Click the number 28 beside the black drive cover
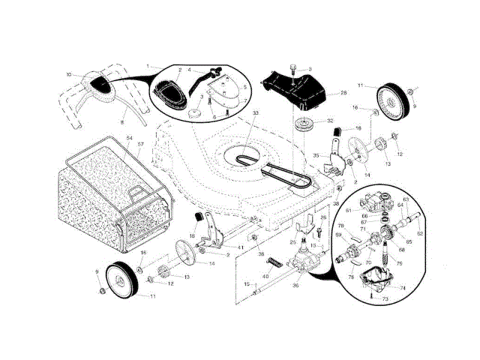(x=343, y=93)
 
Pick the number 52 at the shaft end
(x=420, y=234)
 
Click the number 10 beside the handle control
(x=68, y=74)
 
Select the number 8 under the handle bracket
(x=123, y=119)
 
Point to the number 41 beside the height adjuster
(x=240, y=247)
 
